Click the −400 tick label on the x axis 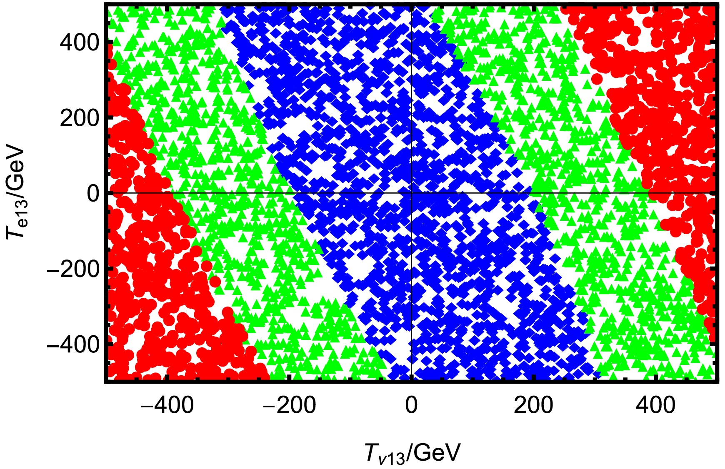pyautogui.click(x=167, y=406)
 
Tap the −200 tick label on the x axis pyautogui.click(x=289, y=406)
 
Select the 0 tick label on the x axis pyautogui.click(x=411, y=406)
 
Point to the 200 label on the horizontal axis pyautogui.click(x=534, y=406)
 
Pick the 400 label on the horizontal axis pyautogui.click(x=656, y=406)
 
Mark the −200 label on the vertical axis pyautogui.click(x=73, y=269)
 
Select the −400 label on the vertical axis pyautogui.click(x=73, y=344)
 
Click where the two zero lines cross pyautogui.click(x=411, y=193)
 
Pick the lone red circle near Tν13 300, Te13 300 pyautogui.click(x=597, y=79)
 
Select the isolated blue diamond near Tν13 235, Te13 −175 pyautogui.click(x=555, y=258)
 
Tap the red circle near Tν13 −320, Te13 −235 pyautogui.click(x=215, y=282)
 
